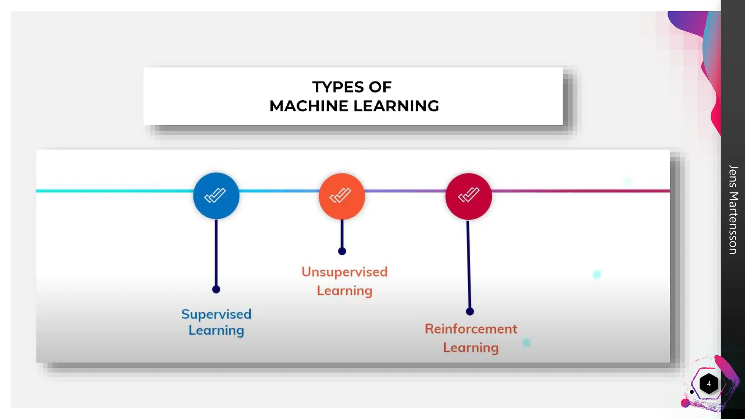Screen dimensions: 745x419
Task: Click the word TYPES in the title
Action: [x=338, y=87]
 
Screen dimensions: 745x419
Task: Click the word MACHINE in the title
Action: [x=309, y=106]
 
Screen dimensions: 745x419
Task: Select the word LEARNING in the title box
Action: [x=396, y=106]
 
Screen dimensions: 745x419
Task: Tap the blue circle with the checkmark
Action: [x=216, y=196]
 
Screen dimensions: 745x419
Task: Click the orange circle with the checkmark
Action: [x=342, y=196]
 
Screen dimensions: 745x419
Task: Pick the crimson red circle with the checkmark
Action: [x=469, y=196]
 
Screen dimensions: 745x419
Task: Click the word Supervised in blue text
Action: [x=216, y=314]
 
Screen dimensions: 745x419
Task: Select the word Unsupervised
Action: [x=344, y=272]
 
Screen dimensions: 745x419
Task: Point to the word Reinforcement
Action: [x=471, y=329]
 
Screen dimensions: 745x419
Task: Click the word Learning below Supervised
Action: [x=216, y=331]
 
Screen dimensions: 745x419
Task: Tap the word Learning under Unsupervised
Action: [x=344, y=291]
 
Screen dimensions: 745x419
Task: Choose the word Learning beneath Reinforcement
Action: [x=471, y=348]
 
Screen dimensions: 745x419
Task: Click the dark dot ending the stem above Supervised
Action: [x=216, y=290]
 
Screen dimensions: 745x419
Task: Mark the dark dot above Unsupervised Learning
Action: [x=342, y=251]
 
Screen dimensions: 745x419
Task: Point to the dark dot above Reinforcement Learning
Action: [x=470, y=312]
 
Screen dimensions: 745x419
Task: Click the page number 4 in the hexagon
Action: [x=709, y=384]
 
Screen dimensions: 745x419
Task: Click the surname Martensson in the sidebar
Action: [x=733, y=223]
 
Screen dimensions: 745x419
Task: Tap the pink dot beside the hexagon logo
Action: [x=685, y=403]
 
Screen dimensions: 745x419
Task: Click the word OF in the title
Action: [x=380, y=87]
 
